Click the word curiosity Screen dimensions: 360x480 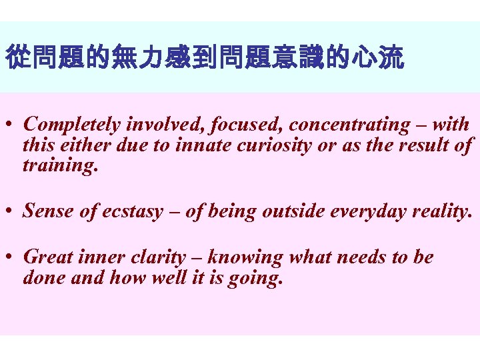(274, 145)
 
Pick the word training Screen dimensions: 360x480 (60, 165)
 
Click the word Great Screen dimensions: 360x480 (46, 257)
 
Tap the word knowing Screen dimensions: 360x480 (246, 257)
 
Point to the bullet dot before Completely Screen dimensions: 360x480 (10, 125)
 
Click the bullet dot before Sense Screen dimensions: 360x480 (10, 211)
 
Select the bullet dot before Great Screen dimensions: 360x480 (10, 257)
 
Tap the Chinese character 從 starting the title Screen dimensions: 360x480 (16, 59)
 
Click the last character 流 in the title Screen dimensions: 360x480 (393, 59)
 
